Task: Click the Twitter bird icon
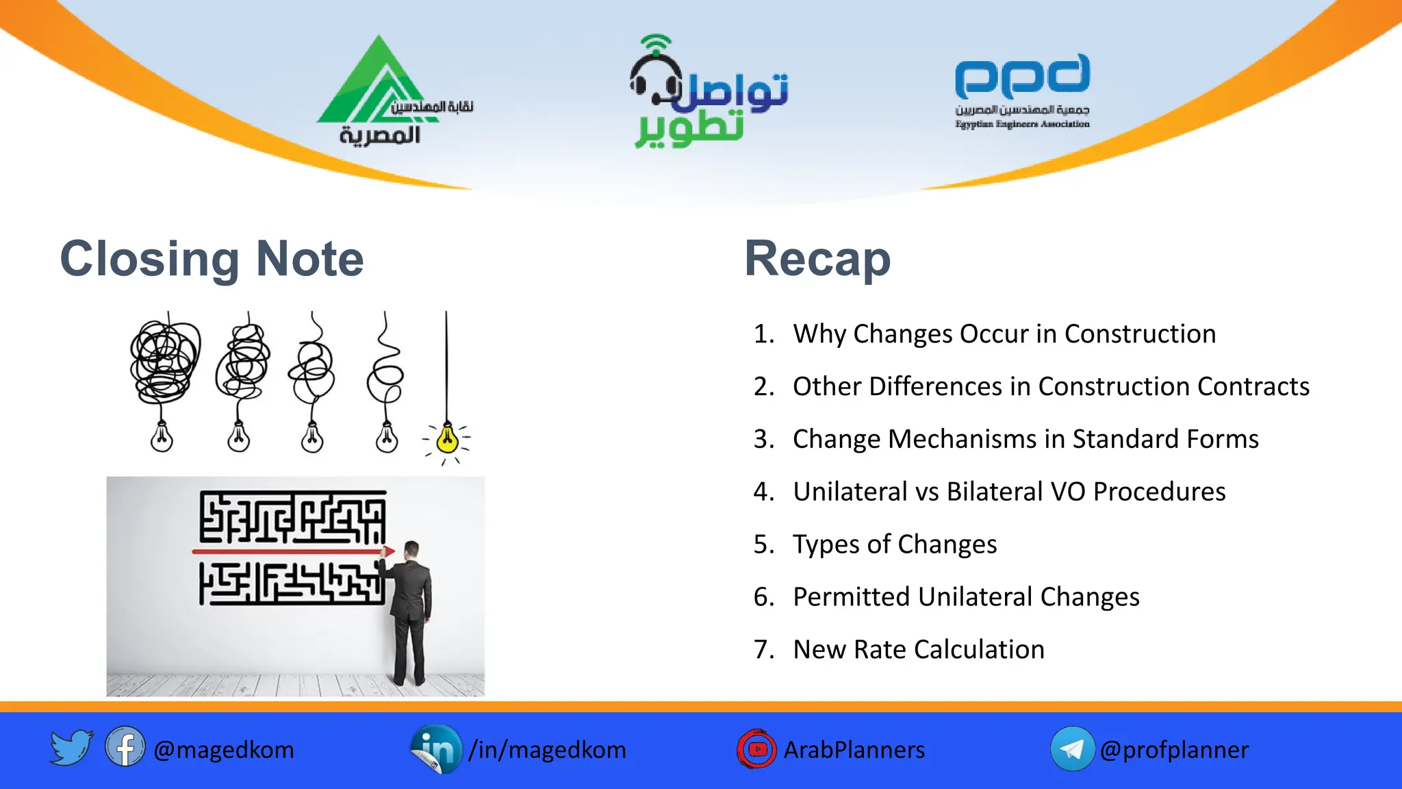point(71,747)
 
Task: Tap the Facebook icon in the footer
point(125,747)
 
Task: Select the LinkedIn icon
point(436,749)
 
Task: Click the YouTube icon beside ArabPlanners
point(756,749)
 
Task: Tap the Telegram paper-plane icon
point(1071,749)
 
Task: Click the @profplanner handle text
point(1174,750)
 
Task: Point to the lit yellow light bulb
point(447,438)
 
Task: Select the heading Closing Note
point(212,259)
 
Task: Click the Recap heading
point(817,259)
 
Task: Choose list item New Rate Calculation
point(918,649)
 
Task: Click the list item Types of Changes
point(894,544)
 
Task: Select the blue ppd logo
point(1022,77)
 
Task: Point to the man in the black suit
point(411,610)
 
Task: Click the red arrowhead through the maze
point(388,551)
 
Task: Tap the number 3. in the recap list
point(763,439)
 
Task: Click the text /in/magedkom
point(547,750)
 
